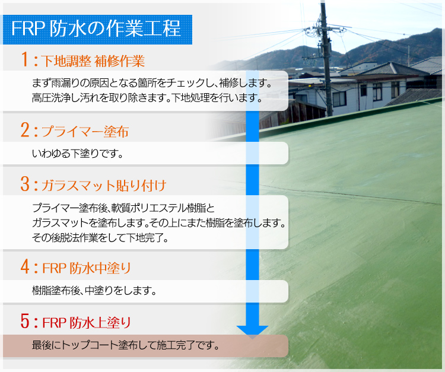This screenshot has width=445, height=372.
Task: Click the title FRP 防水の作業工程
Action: point(96,28)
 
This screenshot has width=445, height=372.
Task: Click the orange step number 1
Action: point(25,59)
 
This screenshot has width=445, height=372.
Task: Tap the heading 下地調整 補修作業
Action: point(93,61)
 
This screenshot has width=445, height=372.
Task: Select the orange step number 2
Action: point(25,130)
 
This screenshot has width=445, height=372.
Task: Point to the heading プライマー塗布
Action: point(85,132)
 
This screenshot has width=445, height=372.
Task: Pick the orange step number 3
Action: point(25,183)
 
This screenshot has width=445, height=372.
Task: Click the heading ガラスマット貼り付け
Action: point(104,185)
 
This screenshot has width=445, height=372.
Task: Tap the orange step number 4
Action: point(25,266)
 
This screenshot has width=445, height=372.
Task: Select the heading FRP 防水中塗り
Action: point(87,268)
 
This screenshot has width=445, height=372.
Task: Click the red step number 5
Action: point(25,321)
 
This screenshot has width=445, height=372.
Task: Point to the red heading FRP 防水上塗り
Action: point(87,323)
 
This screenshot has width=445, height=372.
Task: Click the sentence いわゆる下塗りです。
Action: point(78,154)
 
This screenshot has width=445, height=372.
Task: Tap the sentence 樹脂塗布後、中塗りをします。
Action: point(94,291)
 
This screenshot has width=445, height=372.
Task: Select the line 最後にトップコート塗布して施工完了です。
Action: point(126,345)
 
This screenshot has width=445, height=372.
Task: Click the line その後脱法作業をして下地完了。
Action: point(100,237)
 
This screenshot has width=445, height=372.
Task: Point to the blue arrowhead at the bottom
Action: point(252,332)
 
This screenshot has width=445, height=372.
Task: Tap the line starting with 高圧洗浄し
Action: point(147,98)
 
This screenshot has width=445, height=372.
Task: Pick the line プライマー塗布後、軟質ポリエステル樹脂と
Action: point(123,208)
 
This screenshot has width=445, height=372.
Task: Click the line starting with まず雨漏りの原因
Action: point(152,83)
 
